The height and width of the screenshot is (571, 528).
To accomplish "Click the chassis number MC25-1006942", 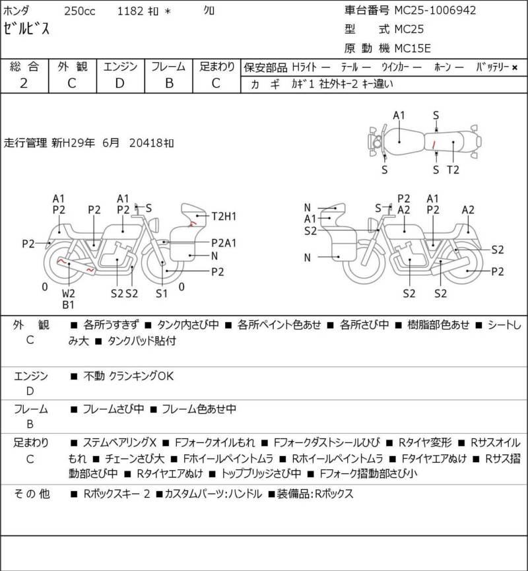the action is [x=435, y=10].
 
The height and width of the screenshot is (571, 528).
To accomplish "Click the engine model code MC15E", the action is [x=412, y=48].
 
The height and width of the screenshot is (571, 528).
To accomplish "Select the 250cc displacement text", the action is [x=80, y=11].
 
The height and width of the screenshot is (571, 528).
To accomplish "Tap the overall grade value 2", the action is [x=24, y=83].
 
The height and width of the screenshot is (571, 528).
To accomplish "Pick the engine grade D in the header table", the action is [x=120, y=83].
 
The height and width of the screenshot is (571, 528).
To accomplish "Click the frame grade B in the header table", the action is [x=169, y=83].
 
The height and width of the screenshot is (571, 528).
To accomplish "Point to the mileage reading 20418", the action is [x=147, y=143].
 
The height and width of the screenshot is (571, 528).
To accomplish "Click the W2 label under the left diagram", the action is [x=68, y=294].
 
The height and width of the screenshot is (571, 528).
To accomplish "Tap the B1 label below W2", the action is [x=68, y=304].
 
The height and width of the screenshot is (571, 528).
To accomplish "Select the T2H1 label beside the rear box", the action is [x=224, y=217].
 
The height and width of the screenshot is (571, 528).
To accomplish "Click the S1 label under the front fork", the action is [x=161, y=294].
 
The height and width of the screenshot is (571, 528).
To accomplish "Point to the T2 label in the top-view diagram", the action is [x=453, y=170].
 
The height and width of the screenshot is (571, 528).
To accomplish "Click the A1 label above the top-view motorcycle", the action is [x=399, y=116].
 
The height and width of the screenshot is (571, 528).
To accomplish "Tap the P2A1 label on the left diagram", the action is [x=224, y=243].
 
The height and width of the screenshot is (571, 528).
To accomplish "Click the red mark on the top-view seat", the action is [x=434, y=144].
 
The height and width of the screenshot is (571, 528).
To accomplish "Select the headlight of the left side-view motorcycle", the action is [x=155, y=224].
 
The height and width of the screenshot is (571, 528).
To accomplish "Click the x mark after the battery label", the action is [x=515, y=67].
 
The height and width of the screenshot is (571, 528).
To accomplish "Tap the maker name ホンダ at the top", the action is [x=16, y=11].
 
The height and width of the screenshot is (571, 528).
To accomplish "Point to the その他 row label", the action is [x=31, y=494].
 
